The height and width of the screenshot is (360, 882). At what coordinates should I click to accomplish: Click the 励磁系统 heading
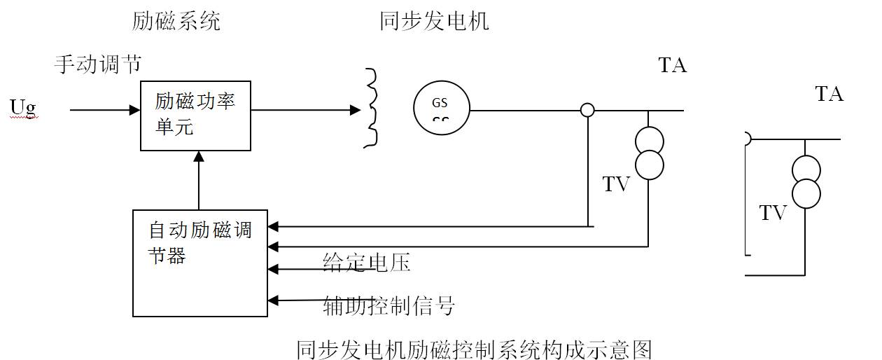[x=176, y=22]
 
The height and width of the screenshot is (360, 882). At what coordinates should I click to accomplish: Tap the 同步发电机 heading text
[x=434, y=22]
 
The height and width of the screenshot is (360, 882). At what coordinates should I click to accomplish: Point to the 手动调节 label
[x=98, y=65]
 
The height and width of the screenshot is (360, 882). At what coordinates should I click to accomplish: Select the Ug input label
[x=23, y=107]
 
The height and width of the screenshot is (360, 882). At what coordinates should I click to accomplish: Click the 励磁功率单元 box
[x=195, y=115]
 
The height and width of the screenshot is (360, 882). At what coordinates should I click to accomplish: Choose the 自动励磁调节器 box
[x=200, y=262]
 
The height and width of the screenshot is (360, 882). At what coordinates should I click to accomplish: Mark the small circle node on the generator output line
[x=588, y=110]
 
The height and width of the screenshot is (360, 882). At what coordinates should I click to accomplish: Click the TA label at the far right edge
[x=829, y=94]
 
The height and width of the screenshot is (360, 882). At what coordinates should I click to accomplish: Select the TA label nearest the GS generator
[x=672, y=66]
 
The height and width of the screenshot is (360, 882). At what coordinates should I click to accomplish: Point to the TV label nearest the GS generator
[x=616, y=185]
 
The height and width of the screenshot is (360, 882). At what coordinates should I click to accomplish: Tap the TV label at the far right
[x=773, y=213]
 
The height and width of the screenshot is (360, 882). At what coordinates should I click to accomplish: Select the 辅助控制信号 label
[x=389, y=305]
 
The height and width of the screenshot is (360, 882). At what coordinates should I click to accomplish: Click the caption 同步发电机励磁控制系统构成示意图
[x=474, y=348]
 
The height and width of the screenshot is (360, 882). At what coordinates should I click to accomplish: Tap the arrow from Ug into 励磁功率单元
[x=105, y=110]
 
